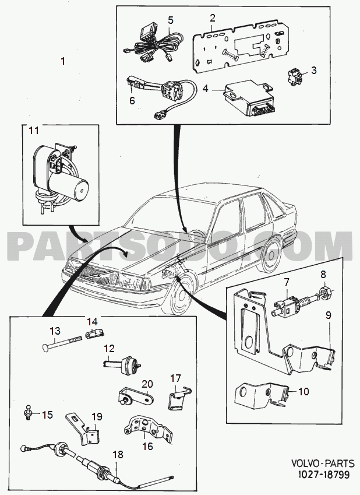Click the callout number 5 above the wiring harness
[170, 20]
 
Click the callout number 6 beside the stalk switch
[132, 100]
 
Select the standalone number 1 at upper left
[63, 61]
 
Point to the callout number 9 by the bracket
[328, 315]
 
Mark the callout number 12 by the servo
[110, 349]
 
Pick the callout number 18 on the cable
[117, 455]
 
